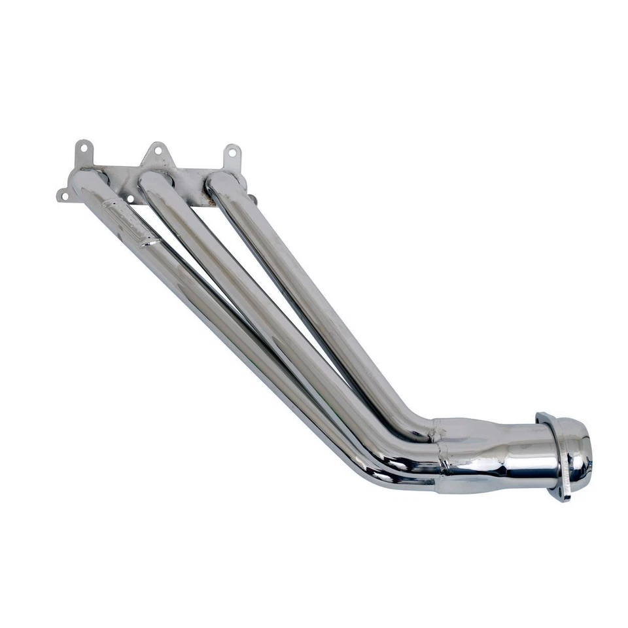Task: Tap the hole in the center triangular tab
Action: (156, 151)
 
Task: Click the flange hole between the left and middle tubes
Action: (131, 198)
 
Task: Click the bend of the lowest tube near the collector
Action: (379, 474)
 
